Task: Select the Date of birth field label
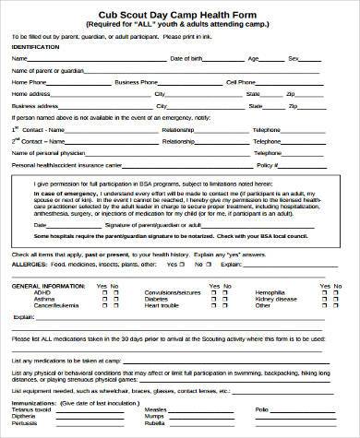pos(187,58)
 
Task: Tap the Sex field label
pos(294,58)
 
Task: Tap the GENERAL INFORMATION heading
pos(43,286)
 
